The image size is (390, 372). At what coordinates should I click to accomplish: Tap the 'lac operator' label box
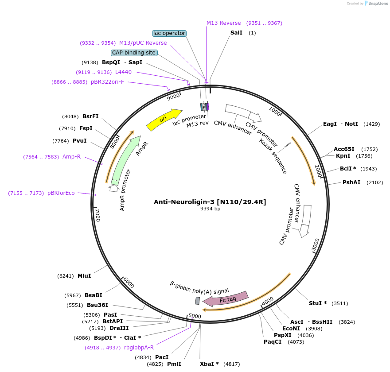pos(169,33)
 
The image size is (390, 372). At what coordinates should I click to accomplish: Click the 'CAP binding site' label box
pos(134,53)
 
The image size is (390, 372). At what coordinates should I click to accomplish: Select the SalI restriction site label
pos(236,33)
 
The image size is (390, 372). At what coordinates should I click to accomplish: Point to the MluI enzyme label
pos(84,275)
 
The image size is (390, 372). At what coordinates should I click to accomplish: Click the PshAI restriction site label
pos(351,182)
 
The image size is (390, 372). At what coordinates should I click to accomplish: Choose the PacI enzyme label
pos(162,357)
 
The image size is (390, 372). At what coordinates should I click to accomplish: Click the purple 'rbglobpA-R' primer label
pos(139,348)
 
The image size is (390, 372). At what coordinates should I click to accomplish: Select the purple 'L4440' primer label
pos(123,72)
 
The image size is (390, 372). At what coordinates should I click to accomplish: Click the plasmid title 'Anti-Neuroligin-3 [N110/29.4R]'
pos(210,202)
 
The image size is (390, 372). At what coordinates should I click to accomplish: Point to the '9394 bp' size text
pos(210,209)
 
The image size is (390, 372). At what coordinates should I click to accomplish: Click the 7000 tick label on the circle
pos(98,215)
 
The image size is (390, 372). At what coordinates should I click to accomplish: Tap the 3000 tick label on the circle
pos(315,245)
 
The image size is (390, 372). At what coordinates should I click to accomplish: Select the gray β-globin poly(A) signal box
pos(197,301)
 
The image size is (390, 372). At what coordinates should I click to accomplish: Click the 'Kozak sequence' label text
pos(273,156)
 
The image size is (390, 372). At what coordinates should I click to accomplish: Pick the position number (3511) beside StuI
pos(340,303)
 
